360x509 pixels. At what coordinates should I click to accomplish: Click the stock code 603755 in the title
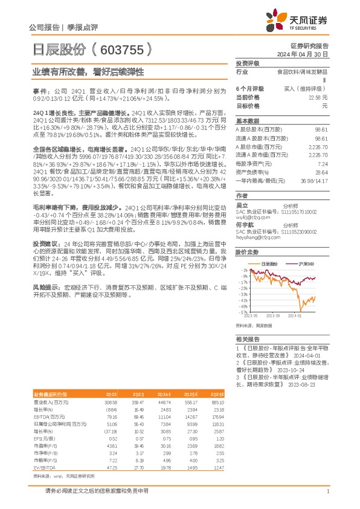121,48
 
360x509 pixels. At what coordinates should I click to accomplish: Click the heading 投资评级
247,63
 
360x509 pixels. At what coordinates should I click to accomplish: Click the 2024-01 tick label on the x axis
294,316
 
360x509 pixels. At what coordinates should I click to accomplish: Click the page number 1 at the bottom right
327,492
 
